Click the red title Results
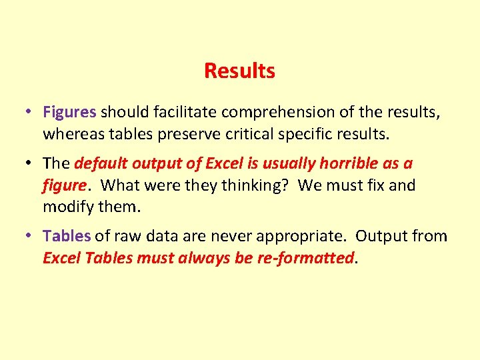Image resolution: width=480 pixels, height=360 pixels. click(x=239, y=71)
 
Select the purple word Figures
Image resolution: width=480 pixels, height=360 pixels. click(x=69, y=112)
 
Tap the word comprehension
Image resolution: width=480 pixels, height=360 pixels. click(x=260, y=113)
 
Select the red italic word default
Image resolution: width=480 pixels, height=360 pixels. click(x=101, y=163)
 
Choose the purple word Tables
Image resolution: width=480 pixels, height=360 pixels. click(x=67, y=235)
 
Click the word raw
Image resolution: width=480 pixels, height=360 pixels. click(x=129, y=236)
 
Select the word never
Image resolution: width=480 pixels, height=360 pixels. click(x=229, y=236)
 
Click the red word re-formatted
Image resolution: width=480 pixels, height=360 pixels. click(x=307, y=258)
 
